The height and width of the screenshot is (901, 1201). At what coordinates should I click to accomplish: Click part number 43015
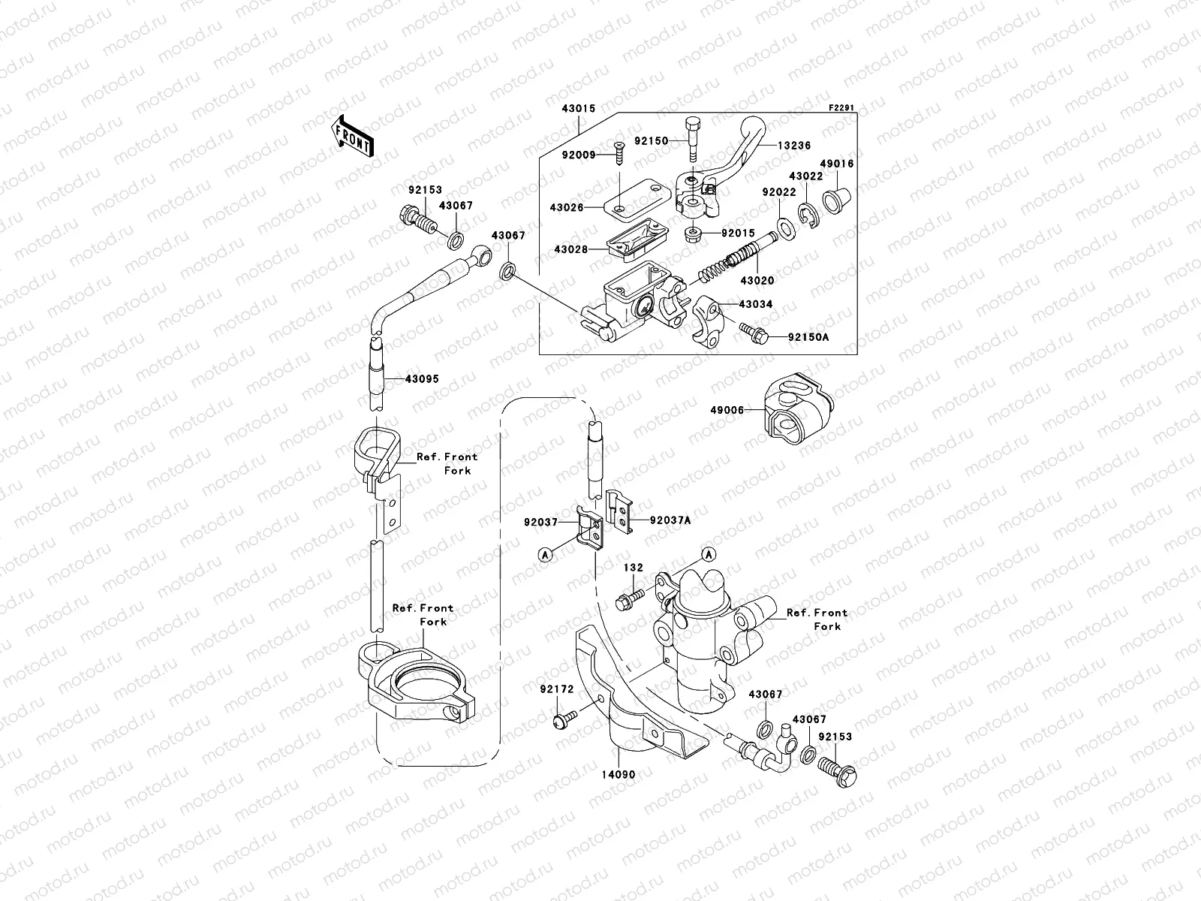577,109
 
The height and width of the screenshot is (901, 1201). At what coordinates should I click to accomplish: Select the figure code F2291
841,108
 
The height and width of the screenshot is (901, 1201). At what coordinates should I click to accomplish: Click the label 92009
577,156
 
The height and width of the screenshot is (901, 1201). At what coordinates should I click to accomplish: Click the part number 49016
836,163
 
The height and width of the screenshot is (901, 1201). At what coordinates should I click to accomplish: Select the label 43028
571,249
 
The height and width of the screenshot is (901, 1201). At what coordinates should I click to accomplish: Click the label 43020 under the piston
757,280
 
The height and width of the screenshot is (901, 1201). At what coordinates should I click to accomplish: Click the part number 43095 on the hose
422,379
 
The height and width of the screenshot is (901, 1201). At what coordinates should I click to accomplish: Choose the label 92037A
670,520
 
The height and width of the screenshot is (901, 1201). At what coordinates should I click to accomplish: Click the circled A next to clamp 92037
546,553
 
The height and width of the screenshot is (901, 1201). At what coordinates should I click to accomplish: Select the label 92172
556,688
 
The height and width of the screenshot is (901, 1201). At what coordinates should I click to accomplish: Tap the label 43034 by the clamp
755,305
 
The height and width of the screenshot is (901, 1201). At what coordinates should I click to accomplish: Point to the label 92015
738,234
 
